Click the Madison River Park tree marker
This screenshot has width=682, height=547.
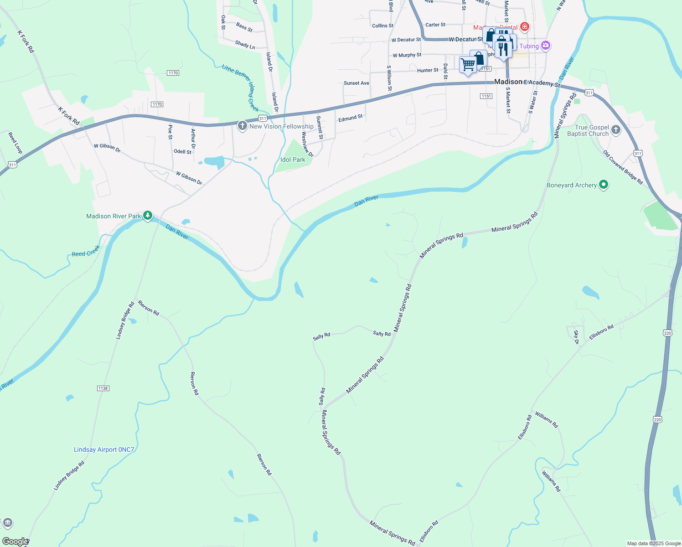[x=147, y=216]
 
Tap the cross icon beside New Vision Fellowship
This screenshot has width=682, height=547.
[x=243, y=125]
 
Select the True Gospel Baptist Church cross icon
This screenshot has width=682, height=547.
[x=615, y=130]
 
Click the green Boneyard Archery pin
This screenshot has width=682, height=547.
[x=604, y=185]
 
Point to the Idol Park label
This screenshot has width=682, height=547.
[x=293, y=160]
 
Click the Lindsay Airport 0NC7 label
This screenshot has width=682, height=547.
[x=104, y=449]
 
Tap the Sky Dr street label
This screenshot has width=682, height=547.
[x=576, y=337]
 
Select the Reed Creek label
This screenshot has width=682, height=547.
[x=86, y=252]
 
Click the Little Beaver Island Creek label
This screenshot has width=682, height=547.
[x=241, y=88]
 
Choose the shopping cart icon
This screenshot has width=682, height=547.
[x=468, y=65]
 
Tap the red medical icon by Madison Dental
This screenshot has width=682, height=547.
[x=525, y=27]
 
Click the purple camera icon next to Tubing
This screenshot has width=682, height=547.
[x=546, y=46]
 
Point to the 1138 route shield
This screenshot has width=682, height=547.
[x=103, y=388]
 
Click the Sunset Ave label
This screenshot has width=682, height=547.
[x=356, y=83]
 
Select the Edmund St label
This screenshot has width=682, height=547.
[x=351, y=118]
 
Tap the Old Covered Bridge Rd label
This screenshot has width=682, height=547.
[x=623, y=167]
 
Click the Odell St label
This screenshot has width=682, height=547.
[x=183, y=152]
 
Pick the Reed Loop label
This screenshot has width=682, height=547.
[x=15, y=143]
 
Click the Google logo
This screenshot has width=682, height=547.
[x=15, y=542]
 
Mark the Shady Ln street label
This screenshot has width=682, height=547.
[x=245, y=45]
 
